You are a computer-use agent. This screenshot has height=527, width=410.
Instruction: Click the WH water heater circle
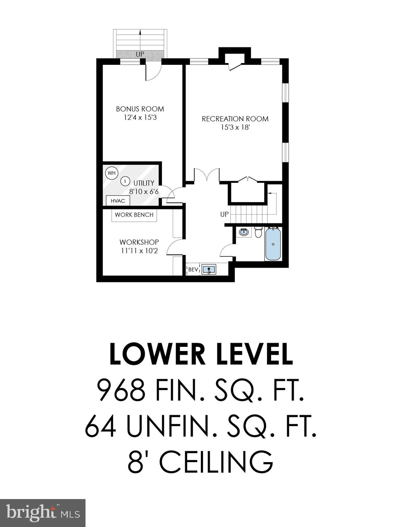point(111,173)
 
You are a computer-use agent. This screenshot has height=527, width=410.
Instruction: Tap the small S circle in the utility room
point(125,181)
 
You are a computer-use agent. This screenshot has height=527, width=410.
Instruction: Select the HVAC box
point(118,201)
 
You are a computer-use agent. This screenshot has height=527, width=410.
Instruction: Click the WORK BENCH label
point(134,215)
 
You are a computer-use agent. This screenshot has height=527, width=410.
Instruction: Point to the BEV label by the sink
point(193,270)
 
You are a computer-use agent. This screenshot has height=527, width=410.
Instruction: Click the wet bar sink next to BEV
point(208,269)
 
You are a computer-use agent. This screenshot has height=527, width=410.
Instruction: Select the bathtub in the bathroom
point(273,244)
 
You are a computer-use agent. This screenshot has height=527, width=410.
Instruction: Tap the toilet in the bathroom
point(258,232)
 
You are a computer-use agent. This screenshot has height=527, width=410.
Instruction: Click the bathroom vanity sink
point(244,232)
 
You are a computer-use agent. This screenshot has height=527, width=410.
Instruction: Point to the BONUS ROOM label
point(140,109)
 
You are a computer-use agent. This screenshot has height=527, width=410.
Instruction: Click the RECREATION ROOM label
point(235,119)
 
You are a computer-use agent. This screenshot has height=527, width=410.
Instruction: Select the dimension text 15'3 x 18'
point(235,128)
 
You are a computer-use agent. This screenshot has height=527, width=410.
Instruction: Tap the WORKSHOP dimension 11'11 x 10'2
point(139,251)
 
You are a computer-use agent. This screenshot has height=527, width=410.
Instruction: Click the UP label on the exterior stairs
point(140,54)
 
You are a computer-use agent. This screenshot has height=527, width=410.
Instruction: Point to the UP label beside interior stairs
point(224,214)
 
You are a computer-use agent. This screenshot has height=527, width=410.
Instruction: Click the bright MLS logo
point(43,513)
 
